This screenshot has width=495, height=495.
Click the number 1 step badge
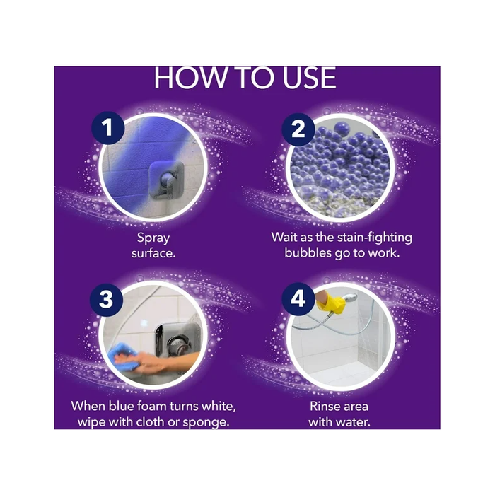108,128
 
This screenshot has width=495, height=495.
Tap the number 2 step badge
298,129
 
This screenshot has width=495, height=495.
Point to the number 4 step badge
298,299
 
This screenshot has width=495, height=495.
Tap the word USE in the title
310,78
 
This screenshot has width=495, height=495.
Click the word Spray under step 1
153,238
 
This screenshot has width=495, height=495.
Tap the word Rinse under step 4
324,407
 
